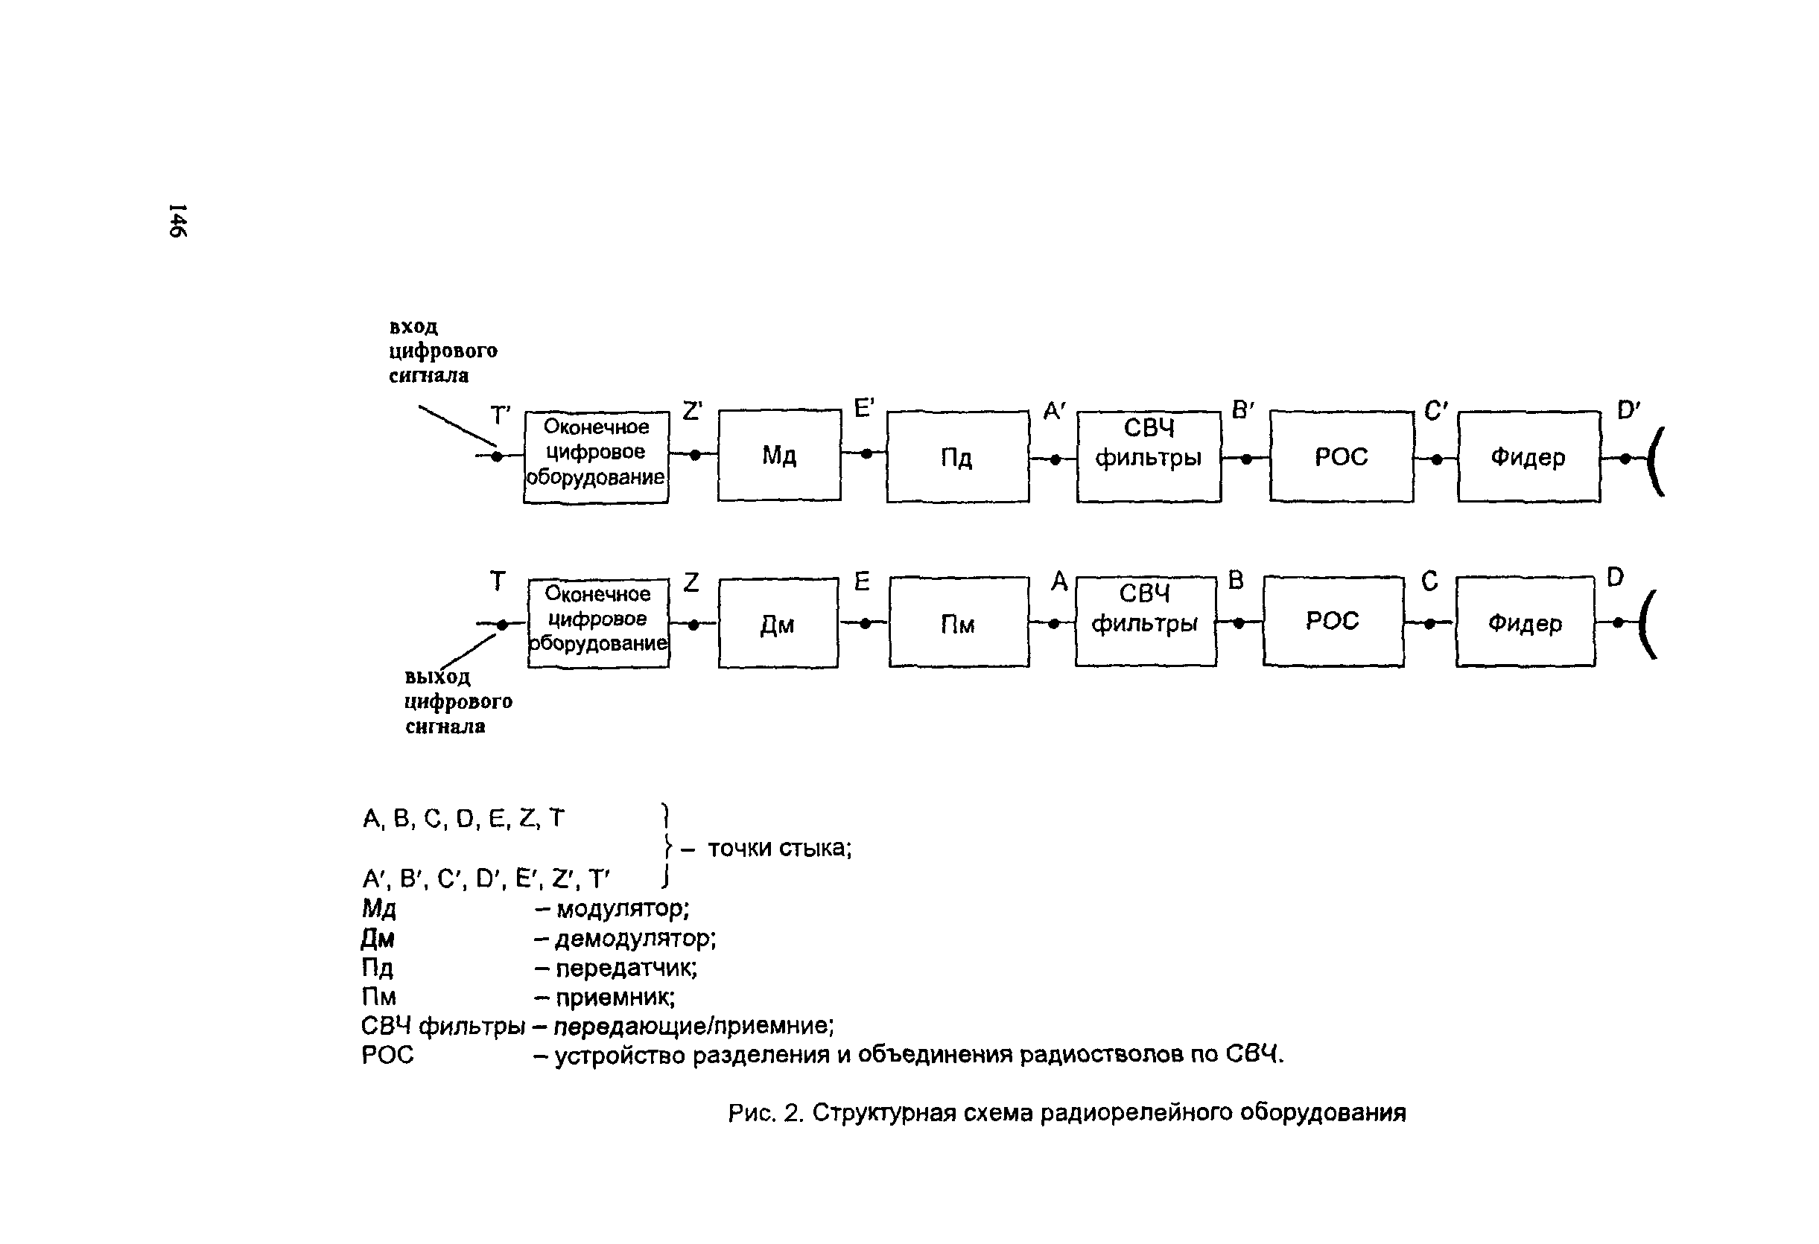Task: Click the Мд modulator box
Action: pos(779,455)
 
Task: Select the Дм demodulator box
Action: pos(777,624)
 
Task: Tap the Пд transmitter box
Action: pos(956,456)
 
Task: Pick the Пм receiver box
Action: pos(958,623)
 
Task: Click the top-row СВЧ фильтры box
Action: pos(1148,456)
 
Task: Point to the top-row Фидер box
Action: pos(1528,456)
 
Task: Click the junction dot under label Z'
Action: pos(694,455)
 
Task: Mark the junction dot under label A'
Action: pos(1054,459)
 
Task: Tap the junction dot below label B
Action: pos(1238,624)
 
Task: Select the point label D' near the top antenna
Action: pos(1628,410)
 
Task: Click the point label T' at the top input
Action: pos(500,415)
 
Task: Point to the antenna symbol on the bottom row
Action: pos(1648,624)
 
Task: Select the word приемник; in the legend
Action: pos(615,998)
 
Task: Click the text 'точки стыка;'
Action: pos(779,848)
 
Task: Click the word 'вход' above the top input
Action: pos(413,326)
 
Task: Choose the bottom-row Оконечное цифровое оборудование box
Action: pos(598,623)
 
